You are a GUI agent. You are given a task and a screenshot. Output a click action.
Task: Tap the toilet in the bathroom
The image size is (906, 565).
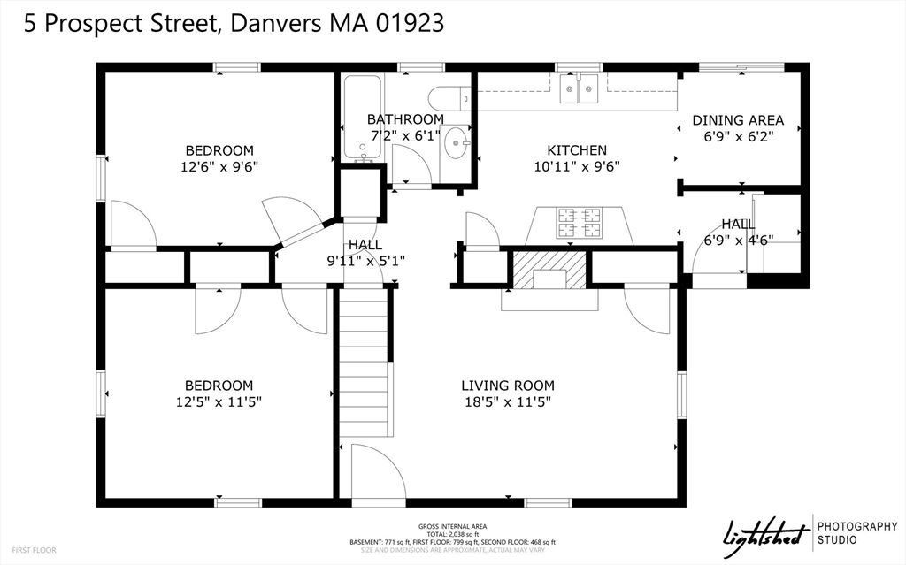pyautogui.click(x=447, y=97)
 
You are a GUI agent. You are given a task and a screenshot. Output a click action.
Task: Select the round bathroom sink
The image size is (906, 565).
pyautogui.click(x=456, y=142)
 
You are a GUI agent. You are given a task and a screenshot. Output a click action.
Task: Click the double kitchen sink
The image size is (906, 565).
pyautogui.click(x=580, y=88)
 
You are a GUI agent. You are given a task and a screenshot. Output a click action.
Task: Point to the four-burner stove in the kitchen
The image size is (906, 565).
pyautogui.click(x=580, y=223)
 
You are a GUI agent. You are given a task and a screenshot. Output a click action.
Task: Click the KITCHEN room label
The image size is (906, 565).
pyautogui.click(x=576, y=150)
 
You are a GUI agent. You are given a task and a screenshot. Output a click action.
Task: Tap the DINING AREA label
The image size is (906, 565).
pyautogui.click(x=738, y=120)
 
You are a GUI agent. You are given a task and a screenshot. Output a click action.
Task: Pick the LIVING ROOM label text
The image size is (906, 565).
pyautogui.click(x=508, y=386)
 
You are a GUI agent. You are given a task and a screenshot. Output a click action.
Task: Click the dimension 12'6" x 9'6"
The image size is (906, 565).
pyautogui.click(x=219, y=166)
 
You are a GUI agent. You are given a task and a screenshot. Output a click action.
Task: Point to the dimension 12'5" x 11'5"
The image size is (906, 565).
pyautogui.click(x=219, y=401)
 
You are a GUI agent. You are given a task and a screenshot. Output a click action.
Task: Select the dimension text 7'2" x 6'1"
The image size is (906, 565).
pyautogui.click(x=404, y=135)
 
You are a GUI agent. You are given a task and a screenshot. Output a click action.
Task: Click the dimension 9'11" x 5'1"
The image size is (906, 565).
pyautogui.click(x=365, y=260)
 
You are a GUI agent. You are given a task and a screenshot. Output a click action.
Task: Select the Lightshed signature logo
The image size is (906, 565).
pyautogui.click(x=766, y=534)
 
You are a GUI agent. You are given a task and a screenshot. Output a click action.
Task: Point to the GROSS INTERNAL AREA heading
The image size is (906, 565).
pyautogui.click(x=452, y=527)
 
